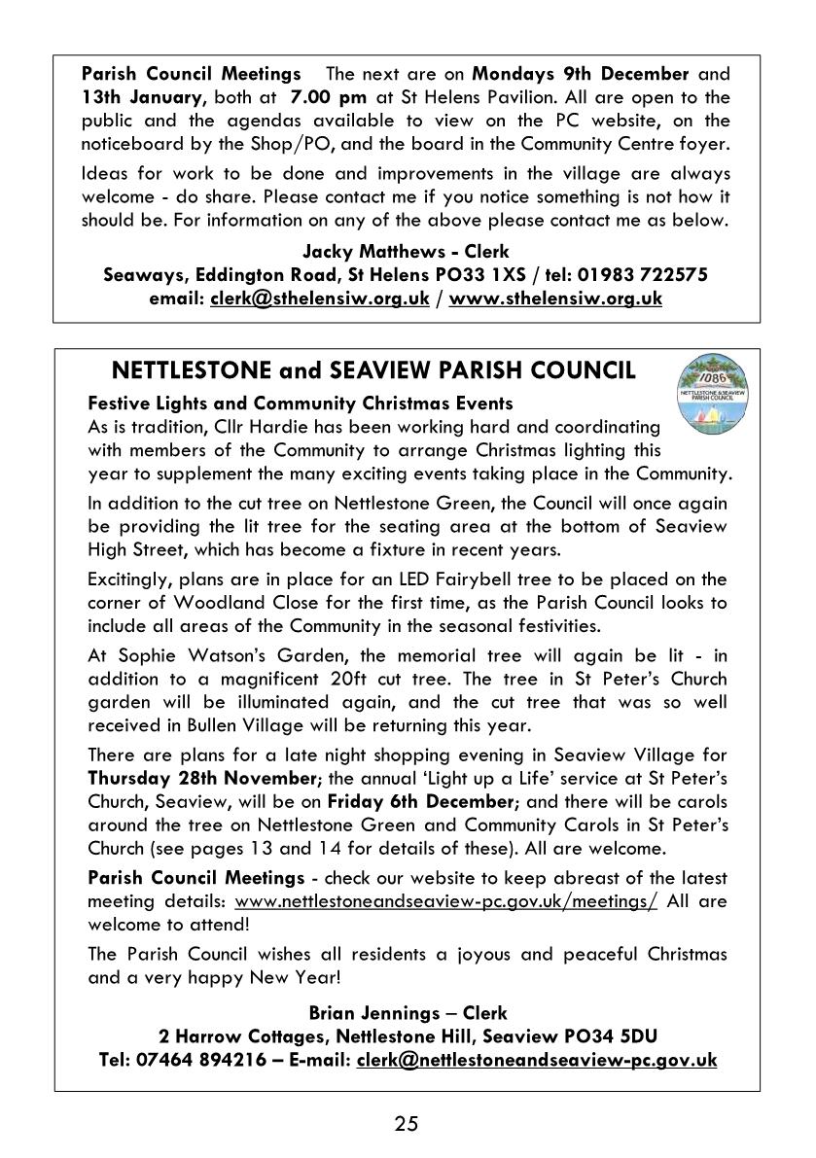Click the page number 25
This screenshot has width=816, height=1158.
[407, 1124]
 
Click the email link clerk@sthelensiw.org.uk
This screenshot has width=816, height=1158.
[319, 298]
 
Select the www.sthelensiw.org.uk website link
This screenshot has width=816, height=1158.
[555, 298]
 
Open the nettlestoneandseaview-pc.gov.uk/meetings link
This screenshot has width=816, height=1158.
[445, 901]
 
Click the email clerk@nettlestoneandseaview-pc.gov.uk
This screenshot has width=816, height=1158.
[537, 1060]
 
